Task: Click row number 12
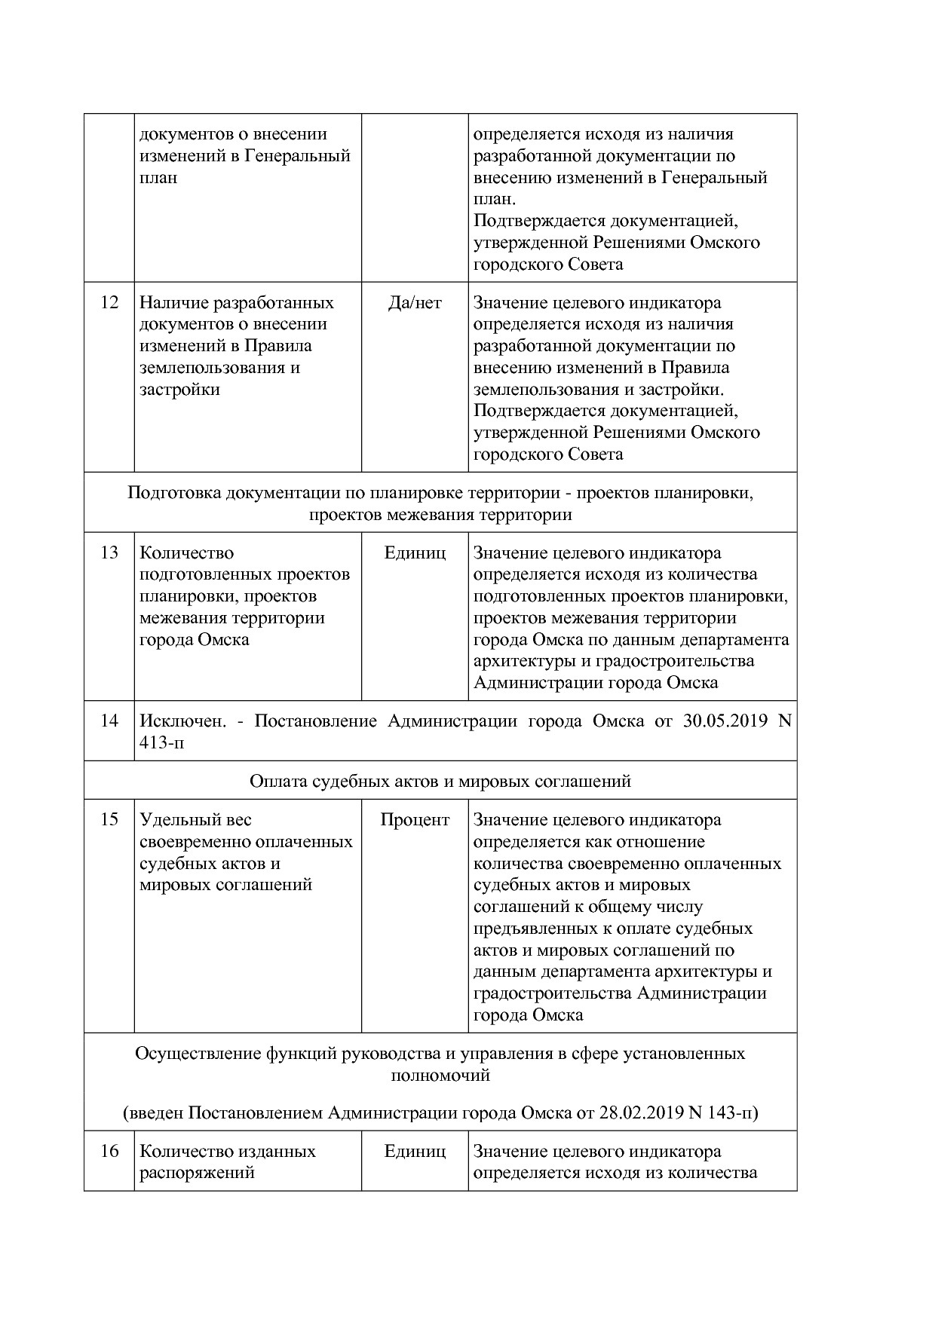pos(109,303)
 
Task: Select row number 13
pos(109,553)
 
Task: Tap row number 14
pos(109,721)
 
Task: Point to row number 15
pos(109,820)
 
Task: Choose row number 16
pos(109,1152)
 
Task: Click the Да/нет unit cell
pos(415,303)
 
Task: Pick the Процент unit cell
pos(415,820)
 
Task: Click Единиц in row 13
pos(415,553)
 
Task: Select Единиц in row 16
pos(415,1152)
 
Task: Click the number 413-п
pos(161,743)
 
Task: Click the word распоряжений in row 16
pos(197,1174)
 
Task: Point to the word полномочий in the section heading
pos(440,1076)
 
